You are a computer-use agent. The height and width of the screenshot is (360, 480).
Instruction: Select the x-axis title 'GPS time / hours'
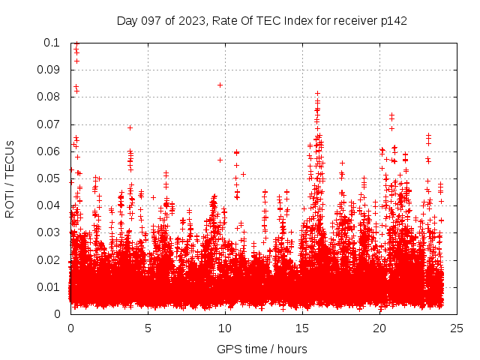click(x=262, y=349)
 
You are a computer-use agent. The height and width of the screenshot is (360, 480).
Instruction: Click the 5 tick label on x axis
click(x=148, y=328)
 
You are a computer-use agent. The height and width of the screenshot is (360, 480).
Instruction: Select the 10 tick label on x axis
click(x=225, y=328)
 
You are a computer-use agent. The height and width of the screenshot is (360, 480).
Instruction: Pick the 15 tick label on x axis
click(x=302, y=328)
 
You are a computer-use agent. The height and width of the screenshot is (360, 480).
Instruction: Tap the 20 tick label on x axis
click(x=379, y=328)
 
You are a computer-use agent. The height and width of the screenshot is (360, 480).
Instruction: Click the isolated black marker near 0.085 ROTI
click(x=220, y=85)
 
